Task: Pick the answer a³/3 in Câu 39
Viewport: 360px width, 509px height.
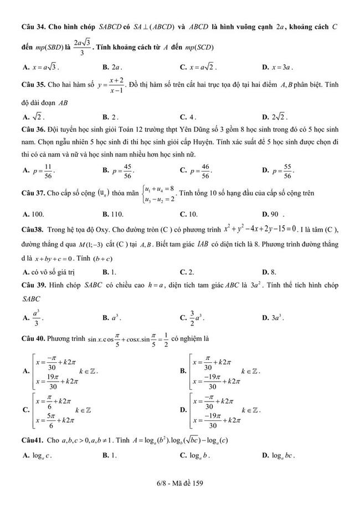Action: pyautogui.click(x=37, y=318)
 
